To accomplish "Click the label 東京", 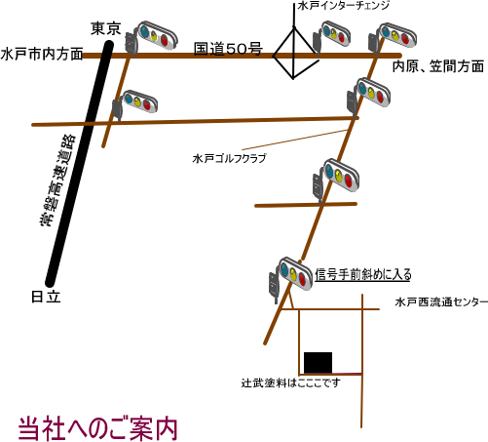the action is tap(106, 28).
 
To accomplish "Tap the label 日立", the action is tap(46, 297).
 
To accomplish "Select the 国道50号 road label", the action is tap(228, 49).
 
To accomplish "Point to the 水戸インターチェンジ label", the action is tap(344, 6).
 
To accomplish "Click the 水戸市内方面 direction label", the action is tap(42, 54).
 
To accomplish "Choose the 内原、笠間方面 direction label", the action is tap(438, 66).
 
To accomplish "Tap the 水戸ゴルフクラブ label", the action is tap(229, 158).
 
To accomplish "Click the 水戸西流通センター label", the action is tap(441, 302).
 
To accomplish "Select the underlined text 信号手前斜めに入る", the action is tap(363, 275).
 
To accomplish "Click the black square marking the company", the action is tap(318, 363).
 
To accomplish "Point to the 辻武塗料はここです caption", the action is tap(291, 382).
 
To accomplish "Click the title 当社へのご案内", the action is tap(97, 429).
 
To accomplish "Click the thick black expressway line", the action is tap(79, 164).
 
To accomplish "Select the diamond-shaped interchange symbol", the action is tap(294, 54).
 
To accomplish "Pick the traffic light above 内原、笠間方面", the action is tap(393, 37).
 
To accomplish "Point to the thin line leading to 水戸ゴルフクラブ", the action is tap(295, 141).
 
